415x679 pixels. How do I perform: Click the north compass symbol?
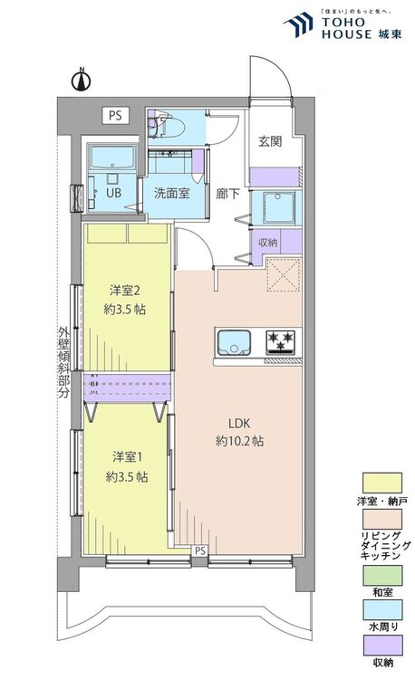81,80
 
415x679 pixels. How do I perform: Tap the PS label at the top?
115,116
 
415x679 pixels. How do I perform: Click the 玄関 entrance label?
270,141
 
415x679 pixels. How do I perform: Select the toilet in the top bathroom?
168,127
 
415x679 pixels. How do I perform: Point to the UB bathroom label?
113,192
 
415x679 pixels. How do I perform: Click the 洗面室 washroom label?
172,193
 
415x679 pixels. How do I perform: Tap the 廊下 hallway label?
227,194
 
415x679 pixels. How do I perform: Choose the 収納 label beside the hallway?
267,243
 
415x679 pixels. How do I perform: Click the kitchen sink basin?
234,342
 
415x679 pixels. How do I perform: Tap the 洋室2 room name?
124,290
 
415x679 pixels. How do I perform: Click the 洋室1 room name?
128,456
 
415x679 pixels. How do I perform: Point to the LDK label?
239,423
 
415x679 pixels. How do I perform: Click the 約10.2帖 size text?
239,441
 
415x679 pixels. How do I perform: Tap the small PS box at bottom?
199,550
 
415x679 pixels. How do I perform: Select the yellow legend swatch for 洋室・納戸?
382,483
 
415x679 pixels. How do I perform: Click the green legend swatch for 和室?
382,575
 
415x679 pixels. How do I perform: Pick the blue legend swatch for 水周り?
382,609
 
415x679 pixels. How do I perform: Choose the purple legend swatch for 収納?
382,646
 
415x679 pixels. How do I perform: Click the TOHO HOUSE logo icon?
299,24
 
